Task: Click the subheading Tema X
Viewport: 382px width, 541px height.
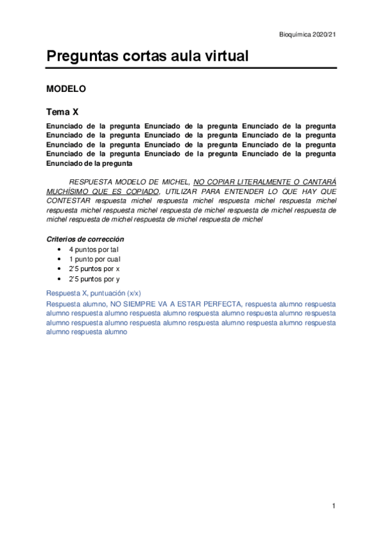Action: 62,111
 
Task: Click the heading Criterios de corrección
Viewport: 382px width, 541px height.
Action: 85,239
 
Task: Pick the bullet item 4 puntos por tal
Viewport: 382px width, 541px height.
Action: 94,249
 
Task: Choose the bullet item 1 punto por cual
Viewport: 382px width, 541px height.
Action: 95,259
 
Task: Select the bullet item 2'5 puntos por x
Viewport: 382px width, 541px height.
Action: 94,269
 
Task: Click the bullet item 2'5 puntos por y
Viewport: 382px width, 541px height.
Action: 94,279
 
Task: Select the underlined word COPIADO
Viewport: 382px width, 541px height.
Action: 140,191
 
